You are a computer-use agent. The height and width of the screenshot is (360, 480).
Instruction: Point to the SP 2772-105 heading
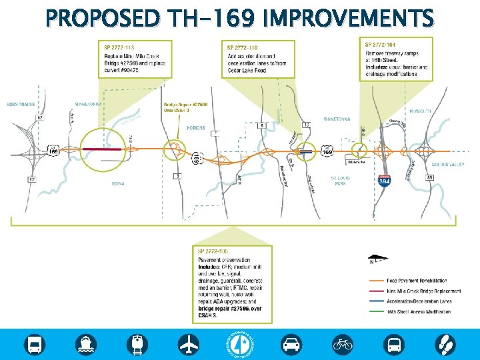click(214, 251)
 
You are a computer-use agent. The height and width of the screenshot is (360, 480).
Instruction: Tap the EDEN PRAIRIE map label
click(21, 105)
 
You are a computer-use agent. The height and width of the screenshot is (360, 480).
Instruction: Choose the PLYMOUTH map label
click(421, 111)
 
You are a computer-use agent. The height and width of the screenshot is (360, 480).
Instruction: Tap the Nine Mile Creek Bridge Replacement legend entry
click(423, 291)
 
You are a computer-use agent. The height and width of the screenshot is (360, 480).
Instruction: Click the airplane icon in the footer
click(189, 344)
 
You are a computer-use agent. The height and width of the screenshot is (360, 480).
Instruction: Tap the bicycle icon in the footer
click(343, 344)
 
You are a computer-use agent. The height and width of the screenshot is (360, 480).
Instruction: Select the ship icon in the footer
click(87, 344)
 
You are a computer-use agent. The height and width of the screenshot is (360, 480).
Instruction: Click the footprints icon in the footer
click(445, 344)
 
